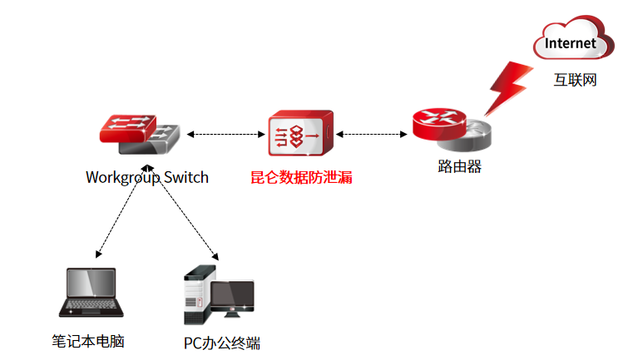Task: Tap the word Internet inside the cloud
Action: [x=571, y=42]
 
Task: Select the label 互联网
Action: [x=576, y=81]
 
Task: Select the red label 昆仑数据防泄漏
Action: [x=301, y=177]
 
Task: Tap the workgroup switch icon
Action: [x=140, y=133]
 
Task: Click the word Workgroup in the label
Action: [x=122, y=177]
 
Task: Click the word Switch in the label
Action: [x=185, y=177]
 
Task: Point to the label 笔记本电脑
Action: [x=87, y=341]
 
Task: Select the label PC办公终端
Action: [x=222, y=343]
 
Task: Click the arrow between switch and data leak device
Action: [x=225, y=133]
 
